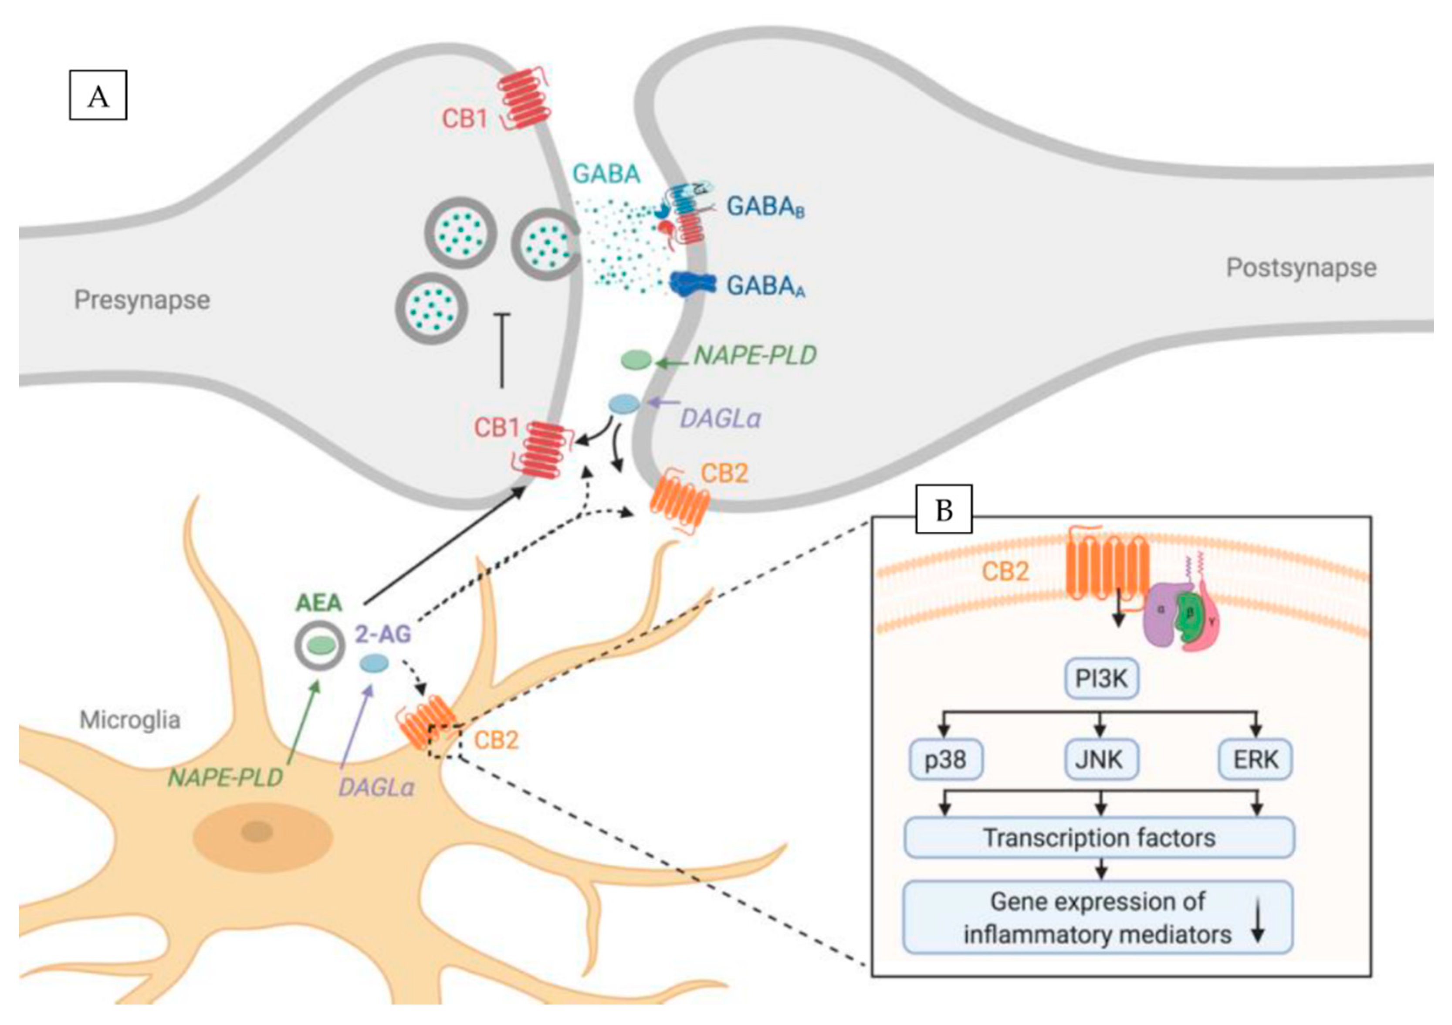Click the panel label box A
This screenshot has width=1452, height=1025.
(x=98, y=95)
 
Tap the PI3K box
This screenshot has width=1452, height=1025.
(x=1101, y=679)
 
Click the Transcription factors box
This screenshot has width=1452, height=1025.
(x=1099, y=838)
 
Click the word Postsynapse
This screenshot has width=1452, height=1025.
(x=1301, y=267)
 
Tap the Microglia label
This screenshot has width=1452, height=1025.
(x=130, y=720)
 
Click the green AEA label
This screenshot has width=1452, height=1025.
(x=319, y=602)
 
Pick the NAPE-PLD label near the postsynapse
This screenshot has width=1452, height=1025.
(x=755, y=356)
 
